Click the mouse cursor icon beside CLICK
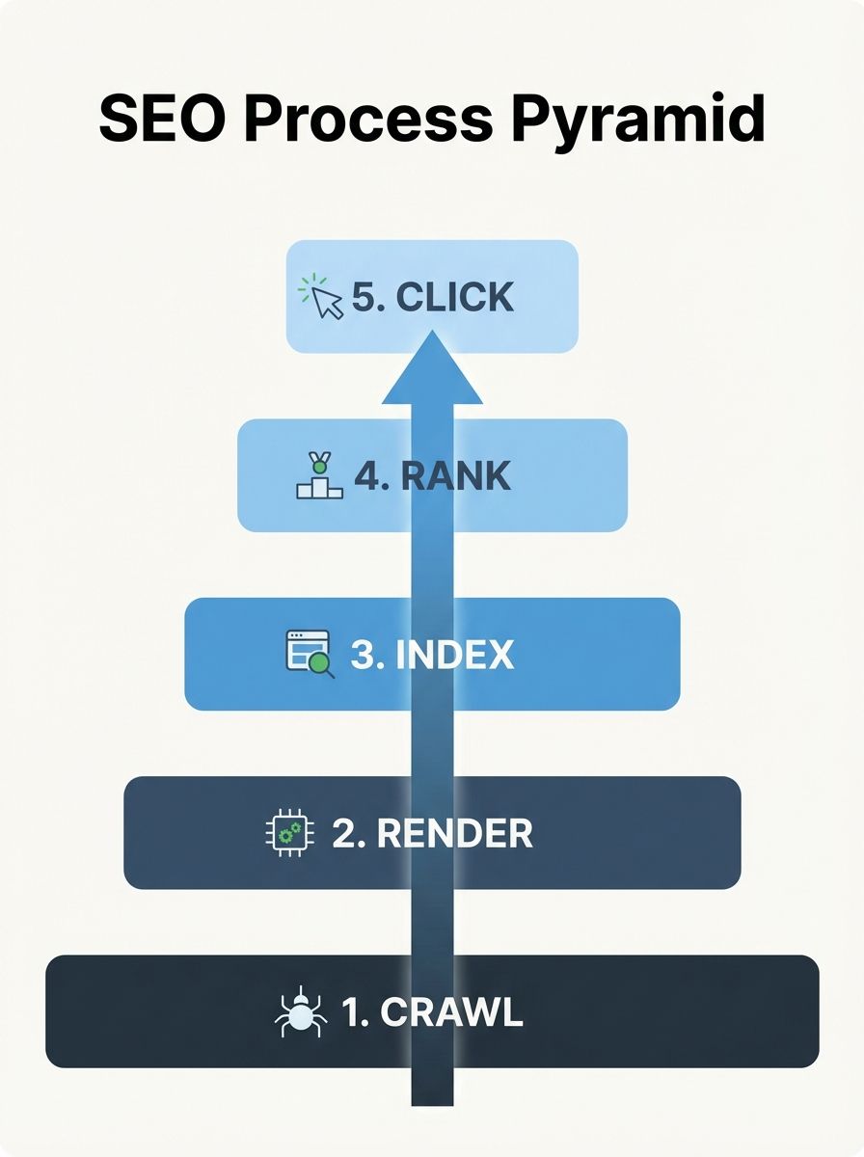pos(322,297)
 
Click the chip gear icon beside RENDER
pos(283,833)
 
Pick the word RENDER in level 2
pos(454,833)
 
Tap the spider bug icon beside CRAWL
pos(299,1012)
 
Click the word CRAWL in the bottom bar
pos(451,1012)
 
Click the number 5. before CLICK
pos(367,297)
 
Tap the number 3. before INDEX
pos(366,655)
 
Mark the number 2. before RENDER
pos(348,833)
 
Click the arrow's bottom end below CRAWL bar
pos(432,1094)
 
